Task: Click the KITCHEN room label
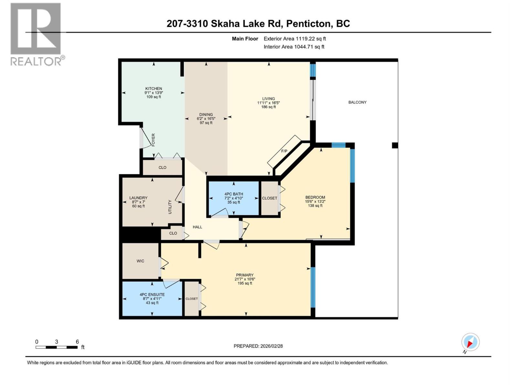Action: point(153,89)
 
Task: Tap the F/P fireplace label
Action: point(284,151)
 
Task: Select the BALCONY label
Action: point(357,102)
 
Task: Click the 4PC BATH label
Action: point(234,194)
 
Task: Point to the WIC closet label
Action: point(140,261)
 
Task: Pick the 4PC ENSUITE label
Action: point(152,295)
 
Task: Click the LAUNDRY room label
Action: point(138,198)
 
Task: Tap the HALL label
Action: point(197,227)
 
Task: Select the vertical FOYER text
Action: point(153,140)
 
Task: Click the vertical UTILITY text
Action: point(170,207)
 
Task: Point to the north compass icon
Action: point(470,342)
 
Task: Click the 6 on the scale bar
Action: point(77,342)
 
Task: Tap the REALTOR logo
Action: point(36,34)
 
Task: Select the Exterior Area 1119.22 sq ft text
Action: point(294,39)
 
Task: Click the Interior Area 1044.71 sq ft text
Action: point(294,47)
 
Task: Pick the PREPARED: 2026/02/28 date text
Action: point(258,346)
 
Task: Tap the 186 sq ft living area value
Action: point(269,107)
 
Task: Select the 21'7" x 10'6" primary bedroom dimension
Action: point(245,279)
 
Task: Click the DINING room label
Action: point(206,114)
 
